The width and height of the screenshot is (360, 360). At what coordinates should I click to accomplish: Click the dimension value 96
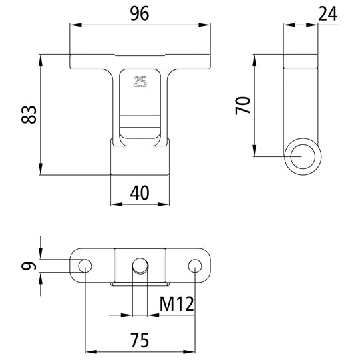[x=138, y=13]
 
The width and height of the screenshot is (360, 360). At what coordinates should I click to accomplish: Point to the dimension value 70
[x=243, y=105]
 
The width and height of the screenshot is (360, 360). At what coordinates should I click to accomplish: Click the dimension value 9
[x=27, y=266]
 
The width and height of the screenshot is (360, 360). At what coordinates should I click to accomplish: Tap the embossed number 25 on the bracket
[x=140, y=83]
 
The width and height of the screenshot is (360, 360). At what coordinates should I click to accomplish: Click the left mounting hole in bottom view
[x=85, y=266]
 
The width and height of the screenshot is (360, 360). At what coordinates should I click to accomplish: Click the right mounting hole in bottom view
[x=194, y=266]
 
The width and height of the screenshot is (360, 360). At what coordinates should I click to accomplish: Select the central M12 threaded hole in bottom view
[x=140, y=265]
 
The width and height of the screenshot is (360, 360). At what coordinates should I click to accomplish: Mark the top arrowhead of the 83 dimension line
[x=41, y=59]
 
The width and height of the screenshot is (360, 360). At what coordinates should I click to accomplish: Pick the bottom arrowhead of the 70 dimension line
[x=255, y=152]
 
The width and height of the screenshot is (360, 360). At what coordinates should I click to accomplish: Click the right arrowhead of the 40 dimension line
[x=166, y=204]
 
